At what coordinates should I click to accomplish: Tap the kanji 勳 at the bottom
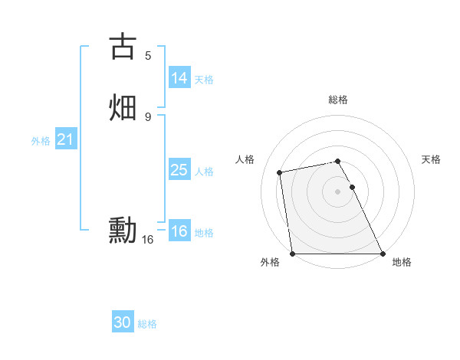[x=123, y=230]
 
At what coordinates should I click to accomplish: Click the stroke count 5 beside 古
[x=148, y=55]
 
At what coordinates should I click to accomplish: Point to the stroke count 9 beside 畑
[x=148, y=116]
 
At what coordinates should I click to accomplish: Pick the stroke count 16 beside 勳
[x=148, y=240]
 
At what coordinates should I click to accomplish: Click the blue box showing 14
[x=179, y=78]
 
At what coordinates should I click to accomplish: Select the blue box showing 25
[x=179, y=170]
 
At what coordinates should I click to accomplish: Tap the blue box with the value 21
[x=65, y=140]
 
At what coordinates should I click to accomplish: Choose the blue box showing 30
[x=123, y=322]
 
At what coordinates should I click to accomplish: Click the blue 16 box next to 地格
[x=179, y=231]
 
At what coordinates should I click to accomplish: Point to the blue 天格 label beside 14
[x=204, y=80]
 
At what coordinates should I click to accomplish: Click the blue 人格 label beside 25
[x=204, y=172]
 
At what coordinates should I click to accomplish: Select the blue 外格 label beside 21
[x=41, y=141]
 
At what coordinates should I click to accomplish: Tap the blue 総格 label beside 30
[x=147, y=324]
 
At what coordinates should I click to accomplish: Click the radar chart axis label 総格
[x=338, y=100]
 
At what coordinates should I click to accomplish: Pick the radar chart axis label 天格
[x=431, y=159]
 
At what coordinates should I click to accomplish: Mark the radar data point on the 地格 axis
[x=383, y=253]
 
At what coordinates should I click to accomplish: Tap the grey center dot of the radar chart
[x=337, y=191]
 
